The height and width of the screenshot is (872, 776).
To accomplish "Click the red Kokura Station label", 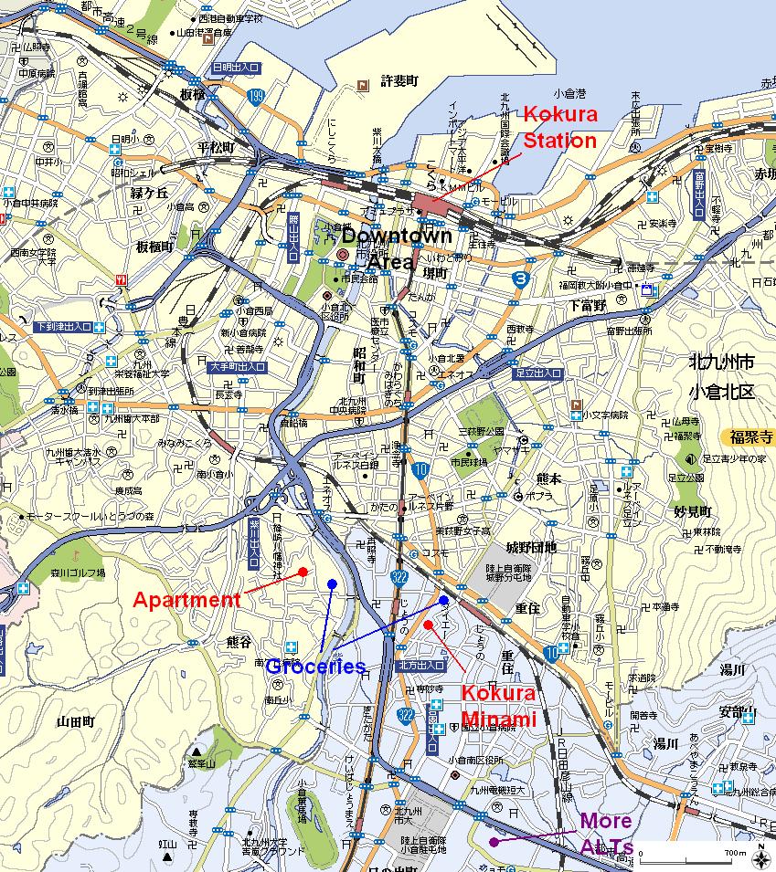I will pyautogui.click(x=559, y=128).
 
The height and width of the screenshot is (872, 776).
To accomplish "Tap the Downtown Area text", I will pyautogui.click(x=410, y=248).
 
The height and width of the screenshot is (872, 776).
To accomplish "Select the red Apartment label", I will pyautogui.click(x=186, y=600).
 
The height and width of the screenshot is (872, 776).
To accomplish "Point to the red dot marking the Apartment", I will pyautogui.click(x=303, y=573).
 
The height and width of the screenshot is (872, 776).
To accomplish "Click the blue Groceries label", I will pyautogui.click(x=315, y=667).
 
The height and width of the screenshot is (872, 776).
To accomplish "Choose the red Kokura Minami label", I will pyautogui.click(x=498, y=706).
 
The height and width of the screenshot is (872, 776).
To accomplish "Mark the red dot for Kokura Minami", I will pyautogui.click(x=428, y=625).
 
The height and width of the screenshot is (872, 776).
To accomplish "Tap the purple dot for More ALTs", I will pyautogui.click(x=494, y=842).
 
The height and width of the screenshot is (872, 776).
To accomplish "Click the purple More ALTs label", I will pyautogui.click(x=606, y=835).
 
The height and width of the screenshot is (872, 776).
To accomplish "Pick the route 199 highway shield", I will pyautogui.click(x=257, y=95).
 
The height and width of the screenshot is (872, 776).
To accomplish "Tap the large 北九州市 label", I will pyautogui.click(x=721, y=363).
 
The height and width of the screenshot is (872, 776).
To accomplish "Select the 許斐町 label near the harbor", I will pyautogui.click(x=399, y=81).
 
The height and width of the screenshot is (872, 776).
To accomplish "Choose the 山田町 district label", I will pyautogui.click(x=75, y=721).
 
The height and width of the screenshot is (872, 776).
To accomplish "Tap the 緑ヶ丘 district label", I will pyautogui.click(x=150, y=193).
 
